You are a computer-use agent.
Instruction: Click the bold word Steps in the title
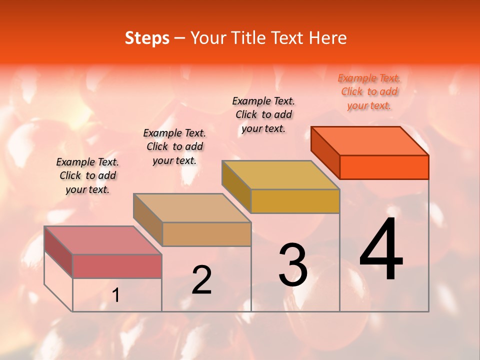(146, 38)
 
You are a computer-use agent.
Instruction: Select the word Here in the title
(328, 38)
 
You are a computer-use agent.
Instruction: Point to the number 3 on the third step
(293, 265)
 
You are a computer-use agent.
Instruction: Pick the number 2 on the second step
(202, 280)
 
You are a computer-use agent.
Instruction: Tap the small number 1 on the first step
(116, 295)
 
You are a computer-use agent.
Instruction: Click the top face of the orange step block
(370, 140)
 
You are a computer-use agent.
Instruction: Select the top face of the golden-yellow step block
(280, 175)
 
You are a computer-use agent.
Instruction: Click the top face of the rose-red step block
(102, 240)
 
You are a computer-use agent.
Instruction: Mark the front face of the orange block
(384, 167)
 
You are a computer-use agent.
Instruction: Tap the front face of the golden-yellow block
(295, 201)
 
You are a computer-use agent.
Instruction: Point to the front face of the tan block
(206, 234)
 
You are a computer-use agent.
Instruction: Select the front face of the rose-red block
(117, 266)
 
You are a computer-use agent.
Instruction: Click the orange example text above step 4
(369, 91)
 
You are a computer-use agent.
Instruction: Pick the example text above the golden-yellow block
(263, 114)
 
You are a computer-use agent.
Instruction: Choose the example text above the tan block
(174, 146)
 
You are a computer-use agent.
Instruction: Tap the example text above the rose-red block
(87, 175)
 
